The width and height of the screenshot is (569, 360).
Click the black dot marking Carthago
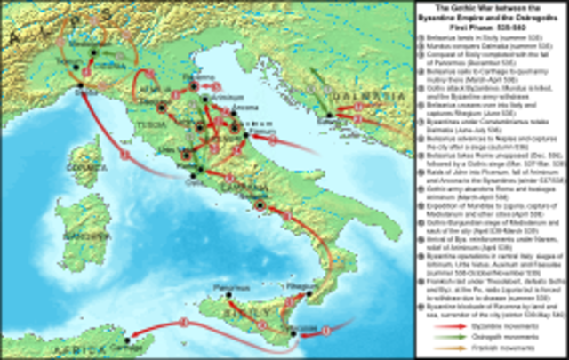126,340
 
